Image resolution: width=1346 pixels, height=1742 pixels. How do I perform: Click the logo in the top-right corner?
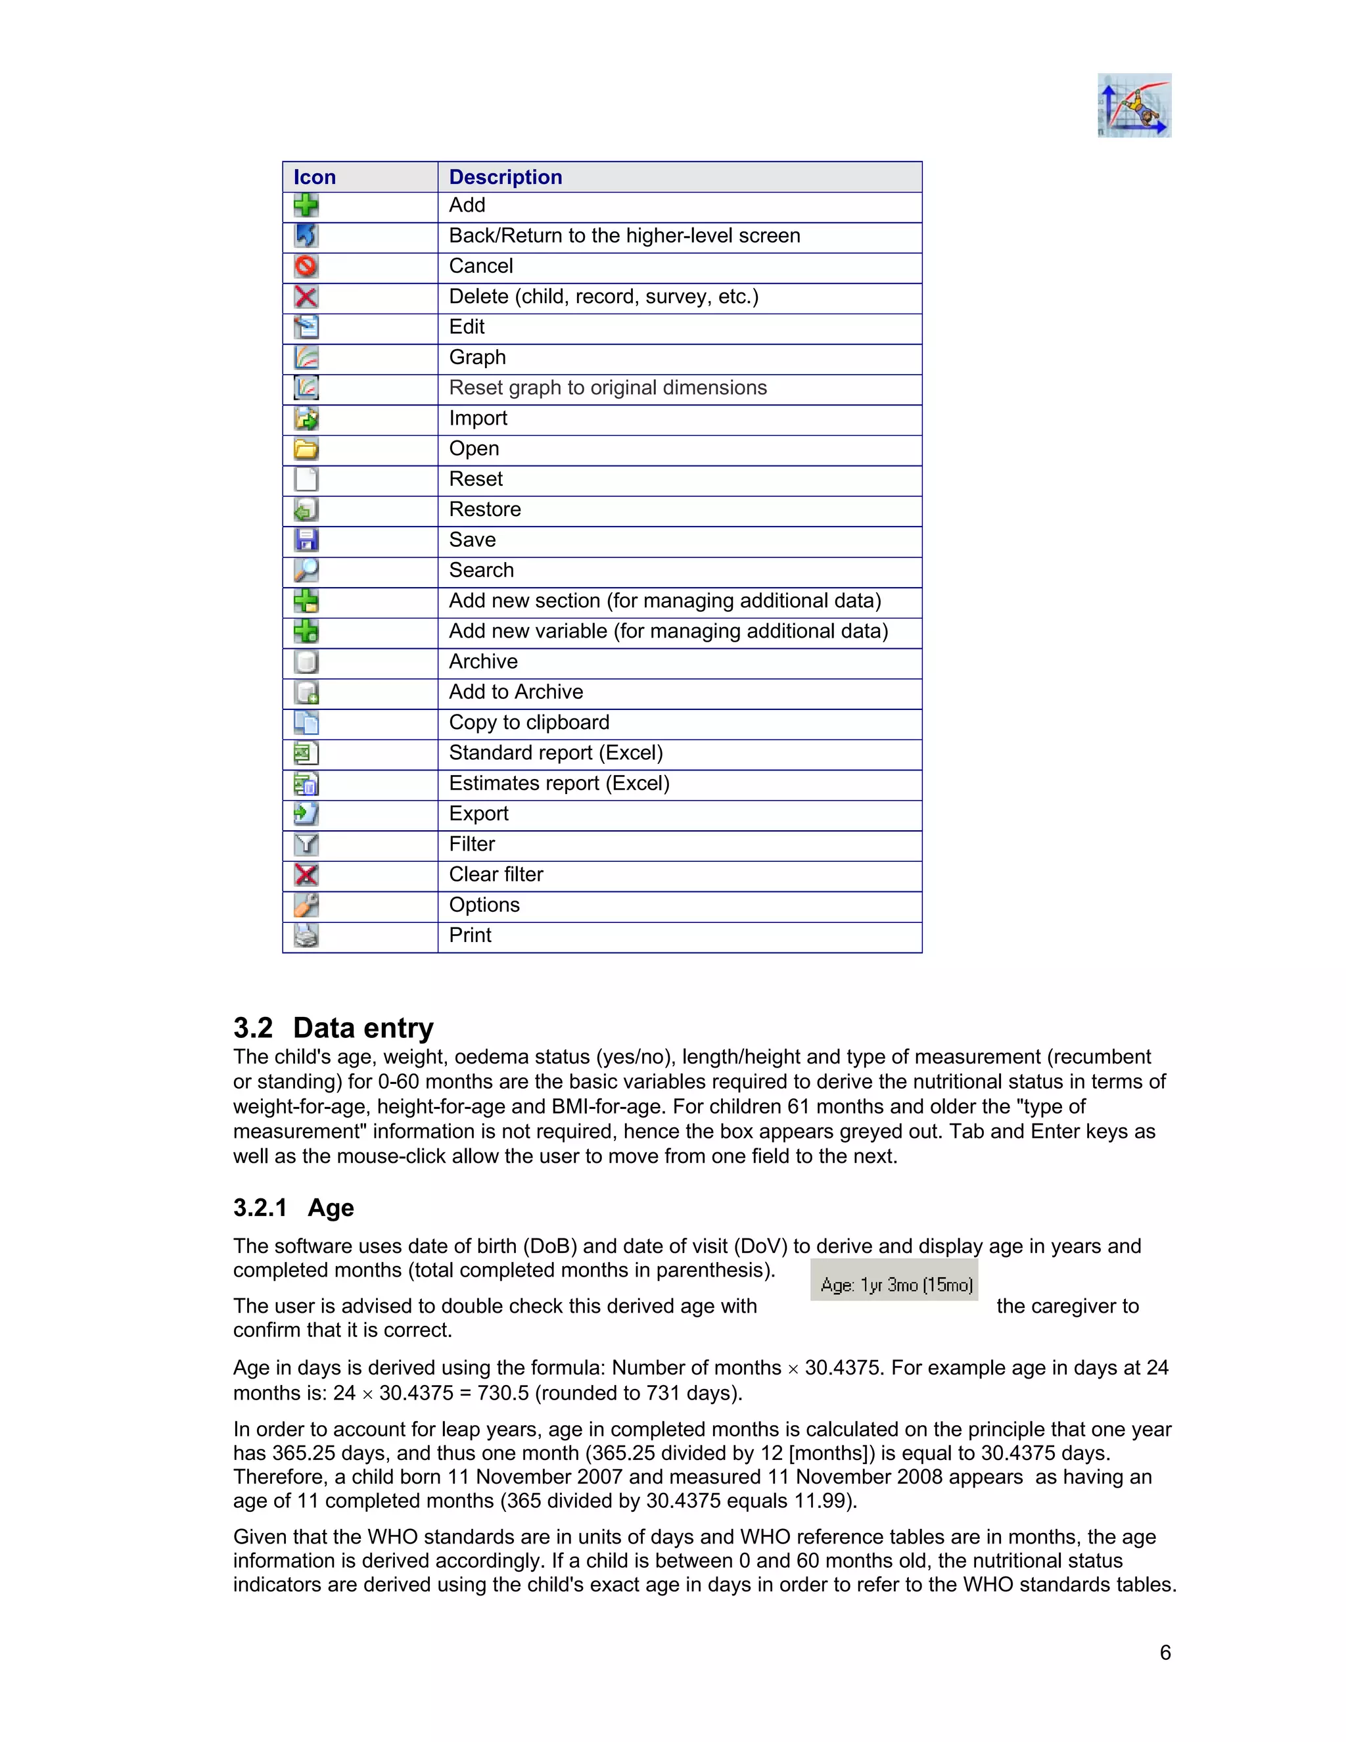[1134, 105]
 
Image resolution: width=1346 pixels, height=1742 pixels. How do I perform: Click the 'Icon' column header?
[314, 177]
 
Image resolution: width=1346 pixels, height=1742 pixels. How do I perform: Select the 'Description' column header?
[505, 177]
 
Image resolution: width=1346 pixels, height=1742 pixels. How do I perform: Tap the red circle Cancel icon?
[306, 266]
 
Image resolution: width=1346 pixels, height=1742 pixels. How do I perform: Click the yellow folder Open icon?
[306, 449]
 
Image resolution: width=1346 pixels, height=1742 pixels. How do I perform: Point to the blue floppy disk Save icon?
[306, 540]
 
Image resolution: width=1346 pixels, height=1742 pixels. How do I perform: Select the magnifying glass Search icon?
[306, 571]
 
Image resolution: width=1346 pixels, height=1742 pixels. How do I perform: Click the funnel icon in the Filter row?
[306, 844]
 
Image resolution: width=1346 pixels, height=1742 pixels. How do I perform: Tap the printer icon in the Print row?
[306, 935]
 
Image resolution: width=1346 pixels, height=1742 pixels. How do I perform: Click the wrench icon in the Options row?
[306, 905]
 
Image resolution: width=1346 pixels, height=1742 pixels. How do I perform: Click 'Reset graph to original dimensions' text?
[608, 388]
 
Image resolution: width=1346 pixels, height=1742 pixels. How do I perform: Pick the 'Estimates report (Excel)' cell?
[559, 784]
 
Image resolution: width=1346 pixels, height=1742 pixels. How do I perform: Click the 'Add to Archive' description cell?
[516, 692]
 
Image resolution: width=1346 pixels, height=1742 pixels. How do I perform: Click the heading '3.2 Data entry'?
[333, 1027]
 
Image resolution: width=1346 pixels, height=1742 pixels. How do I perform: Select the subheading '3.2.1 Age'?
[293, 1208]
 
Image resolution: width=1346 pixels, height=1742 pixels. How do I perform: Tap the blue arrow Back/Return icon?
[306, 235]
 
